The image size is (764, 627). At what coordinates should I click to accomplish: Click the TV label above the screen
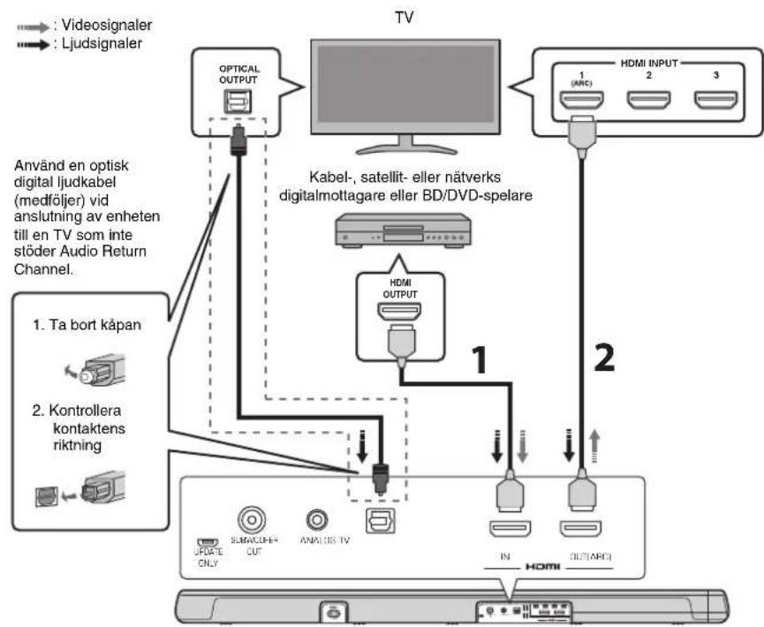(405, 15)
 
